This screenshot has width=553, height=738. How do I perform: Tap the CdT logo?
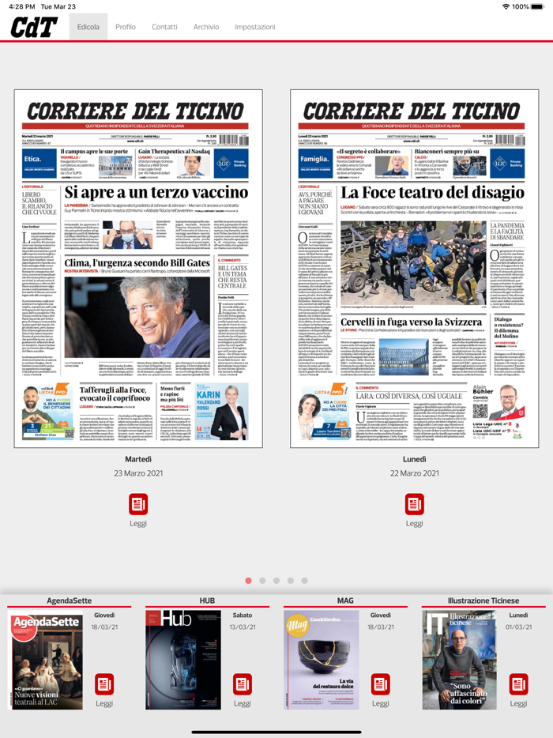pos(34,28)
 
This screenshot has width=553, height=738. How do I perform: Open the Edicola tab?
pos(88,27)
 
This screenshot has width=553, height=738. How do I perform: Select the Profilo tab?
pos(126,27)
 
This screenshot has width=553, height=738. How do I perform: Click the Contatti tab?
pos(164,27)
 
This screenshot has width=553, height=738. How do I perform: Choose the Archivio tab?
pos(206,27)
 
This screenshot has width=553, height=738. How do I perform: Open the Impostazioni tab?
pos(255,27)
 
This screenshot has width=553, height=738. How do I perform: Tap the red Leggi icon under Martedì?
pos(138,504)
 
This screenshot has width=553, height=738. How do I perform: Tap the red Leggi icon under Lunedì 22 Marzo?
pos(415,504)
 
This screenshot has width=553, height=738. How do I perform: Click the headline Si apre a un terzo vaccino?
pos(156,192)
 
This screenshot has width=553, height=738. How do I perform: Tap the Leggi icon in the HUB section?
pos(243,684)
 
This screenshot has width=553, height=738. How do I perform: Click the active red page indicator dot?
pos(249,581)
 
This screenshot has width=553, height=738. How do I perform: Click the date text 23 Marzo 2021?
pos(138,473)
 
